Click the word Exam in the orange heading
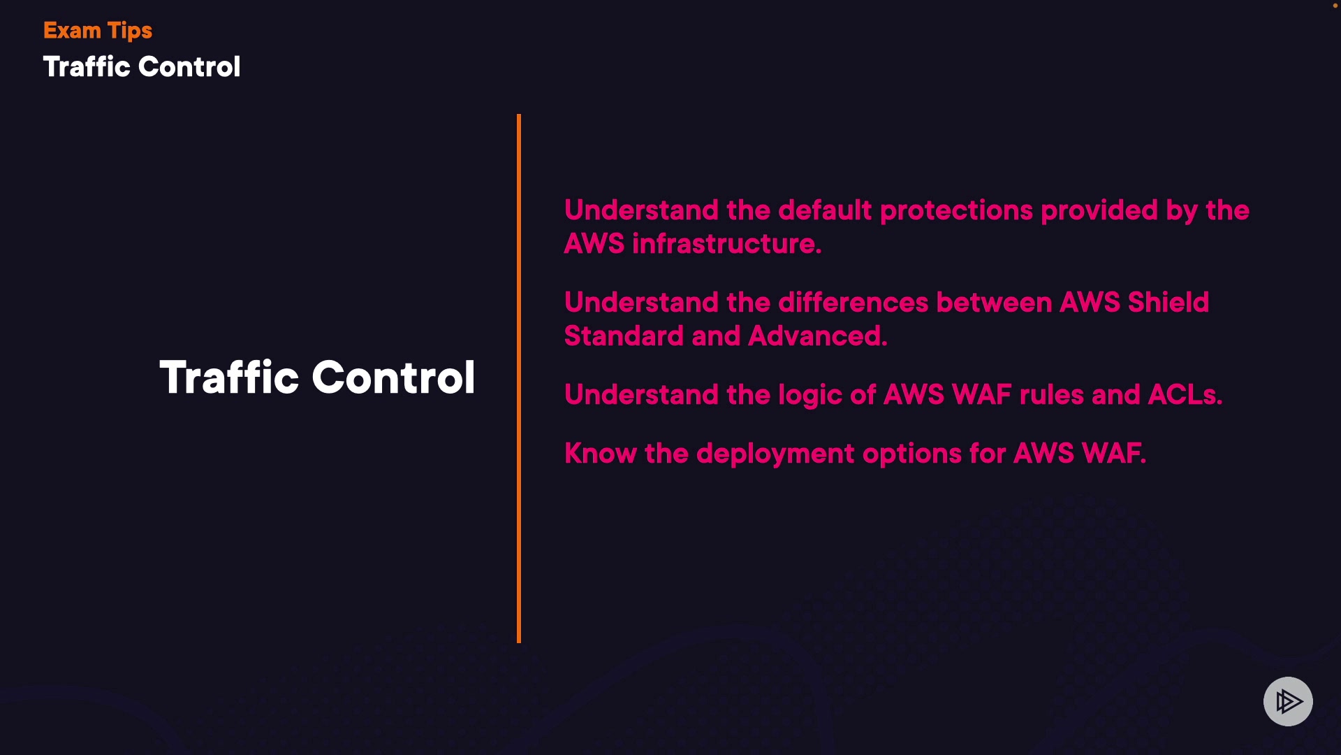pyautogui.click(x=72, y=31)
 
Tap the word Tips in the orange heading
pyautogui.click(x=130, y=31)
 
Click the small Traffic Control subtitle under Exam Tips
pyautogui.click(x=142, y=67)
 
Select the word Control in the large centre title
pyautogui.click(x=393, y=377)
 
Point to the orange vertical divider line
pyautogui.click(x=519, y=377)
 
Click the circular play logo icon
pyautogui.click(x=1288, y=701)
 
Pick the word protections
pyautogui.click(x=956, y=210)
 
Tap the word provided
pyautogui.click(x=1099, y=210)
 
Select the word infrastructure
pyautogui.click(x=726, y=244)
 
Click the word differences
pyautogui.click(x=853, y=303)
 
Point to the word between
pyautogui.click(x=994, y=303)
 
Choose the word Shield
pyautogui.click(x=1168, y=303)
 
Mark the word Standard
pyautogui.click(x=624, y=336)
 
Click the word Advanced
pyautogui.click(x=817, y=336)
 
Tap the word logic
pyautogui.click(x=810, y=396)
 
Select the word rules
pyautogui.click(x=1051, y=395)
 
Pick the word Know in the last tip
pyautogui.click(x=601, y=454)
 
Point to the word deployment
pyautogui.click(x=775, y=454)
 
